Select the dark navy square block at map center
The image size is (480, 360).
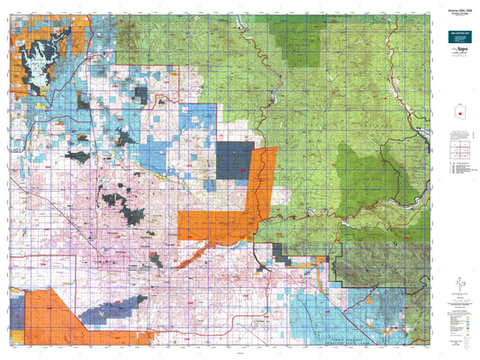click(233, 161)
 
